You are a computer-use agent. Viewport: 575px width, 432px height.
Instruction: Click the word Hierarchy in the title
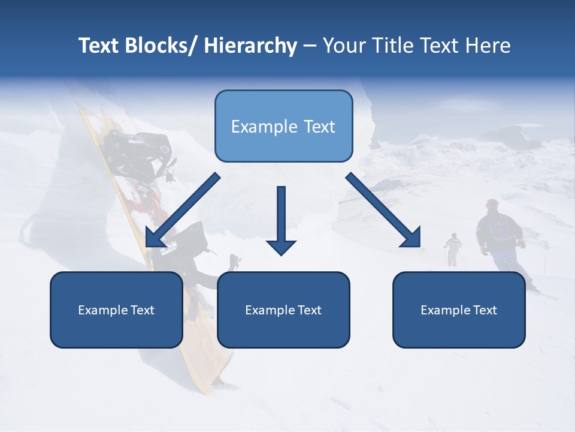(x=250, y=46)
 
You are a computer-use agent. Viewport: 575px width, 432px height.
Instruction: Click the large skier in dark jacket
(x=500, y=237)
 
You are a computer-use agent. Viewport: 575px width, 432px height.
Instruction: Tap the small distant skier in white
(x=453, y=247)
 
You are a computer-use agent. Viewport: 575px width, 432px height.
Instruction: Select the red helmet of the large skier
(x=492, y=204)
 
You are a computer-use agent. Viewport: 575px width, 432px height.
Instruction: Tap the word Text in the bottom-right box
(x=485, y=310)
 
